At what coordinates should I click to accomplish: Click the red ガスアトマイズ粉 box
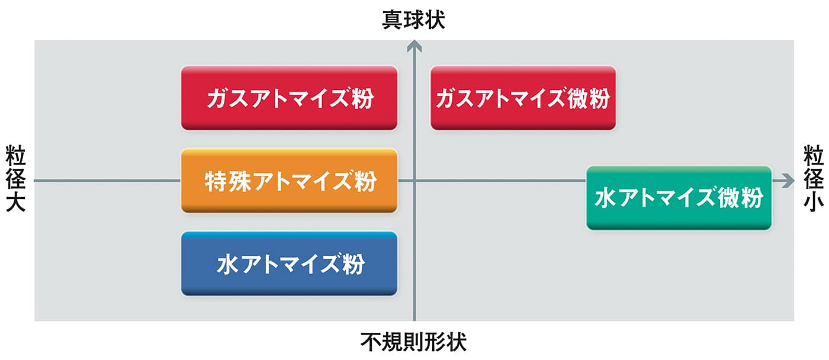289,98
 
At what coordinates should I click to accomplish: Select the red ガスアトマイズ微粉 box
523,98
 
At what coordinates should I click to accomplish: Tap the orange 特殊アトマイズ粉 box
289,181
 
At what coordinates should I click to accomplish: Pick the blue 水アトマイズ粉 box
289,263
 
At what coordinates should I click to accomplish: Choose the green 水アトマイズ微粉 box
679,198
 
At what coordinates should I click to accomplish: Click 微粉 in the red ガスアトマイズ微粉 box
590,98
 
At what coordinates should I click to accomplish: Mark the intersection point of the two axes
415,181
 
